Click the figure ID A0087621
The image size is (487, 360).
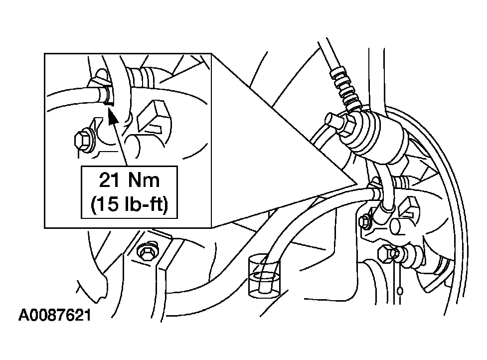click(55, 316)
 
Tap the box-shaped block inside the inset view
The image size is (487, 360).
click(153, 116)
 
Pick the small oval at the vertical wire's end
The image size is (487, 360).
click(400, 291)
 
